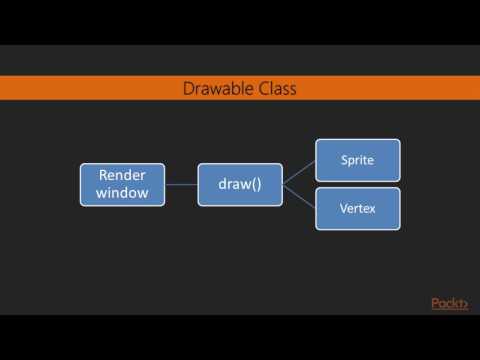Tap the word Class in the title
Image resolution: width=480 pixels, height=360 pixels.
point(276,89)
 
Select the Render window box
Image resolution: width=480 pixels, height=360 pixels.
point(122,184)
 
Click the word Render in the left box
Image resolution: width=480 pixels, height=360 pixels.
point(122,175)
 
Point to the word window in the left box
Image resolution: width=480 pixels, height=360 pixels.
point(122,193)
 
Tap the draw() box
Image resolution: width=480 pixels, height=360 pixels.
point(240,184)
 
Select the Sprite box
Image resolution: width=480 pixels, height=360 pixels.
point(358,160)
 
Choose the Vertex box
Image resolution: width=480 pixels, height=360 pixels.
point(358,208)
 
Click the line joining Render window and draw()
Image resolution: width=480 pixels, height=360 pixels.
point(181,184)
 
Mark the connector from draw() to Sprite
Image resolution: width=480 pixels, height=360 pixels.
point(299,172)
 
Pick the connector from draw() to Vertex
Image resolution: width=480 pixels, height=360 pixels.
point(299,196)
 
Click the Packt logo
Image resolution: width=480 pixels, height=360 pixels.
point(449,304)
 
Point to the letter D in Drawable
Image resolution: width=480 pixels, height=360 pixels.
point(188,89)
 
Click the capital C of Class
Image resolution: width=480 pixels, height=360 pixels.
point(260,89)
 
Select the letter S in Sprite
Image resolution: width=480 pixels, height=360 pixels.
point(343,160)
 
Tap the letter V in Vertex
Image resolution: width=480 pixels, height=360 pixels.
point(342,208)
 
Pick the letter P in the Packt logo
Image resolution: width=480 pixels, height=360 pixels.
point(435,304)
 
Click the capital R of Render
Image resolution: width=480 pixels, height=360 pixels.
point(101,175)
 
